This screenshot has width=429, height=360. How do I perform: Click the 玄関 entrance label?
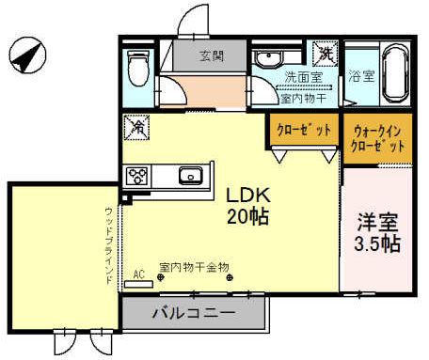pyautogui.click(x=211, y=56)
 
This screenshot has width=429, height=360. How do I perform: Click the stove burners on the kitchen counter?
pyautogui.click(x=137, y=176)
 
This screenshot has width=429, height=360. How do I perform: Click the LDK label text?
pyautogui.click(x=246, y=196)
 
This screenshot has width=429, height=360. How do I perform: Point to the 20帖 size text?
pyautogui.click(x=246, y=217)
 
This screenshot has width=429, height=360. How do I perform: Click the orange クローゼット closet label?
pyautogui.click(x=303, y=131)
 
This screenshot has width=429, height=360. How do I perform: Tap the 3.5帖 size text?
pyautogui.click(x=378, y=244)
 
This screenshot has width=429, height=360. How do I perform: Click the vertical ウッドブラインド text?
pyautogui.click(x=110, y=247)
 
